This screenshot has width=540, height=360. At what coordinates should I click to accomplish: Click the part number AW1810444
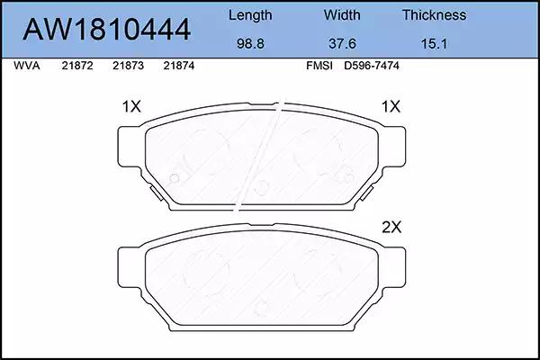coord(106,30)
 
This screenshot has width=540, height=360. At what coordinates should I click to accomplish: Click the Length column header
coord(250,15)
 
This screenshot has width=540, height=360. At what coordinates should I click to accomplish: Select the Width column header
coord(342,14)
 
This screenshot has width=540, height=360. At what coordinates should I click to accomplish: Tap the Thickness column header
coord(435,14)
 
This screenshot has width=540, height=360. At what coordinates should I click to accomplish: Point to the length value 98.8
coord(250,44)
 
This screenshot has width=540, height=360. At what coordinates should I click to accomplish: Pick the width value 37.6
coord(342,44)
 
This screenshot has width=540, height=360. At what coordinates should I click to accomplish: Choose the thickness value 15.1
coord(434,44)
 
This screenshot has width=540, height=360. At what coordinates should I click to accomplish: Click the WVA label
coord(26,66)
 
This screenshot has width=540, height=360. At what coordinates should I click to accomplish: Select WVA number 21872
coord(77,66)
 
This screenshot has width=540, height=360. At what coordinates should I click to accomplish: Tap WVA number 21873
coord(128,66)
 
